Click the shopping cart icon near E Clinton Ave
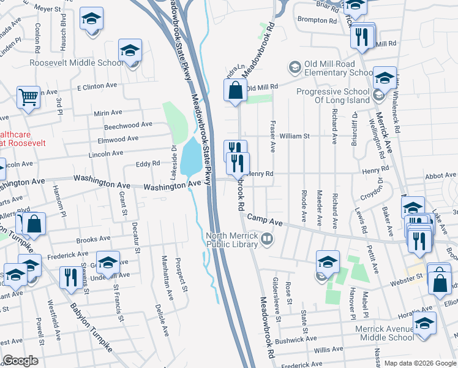coord(28,97)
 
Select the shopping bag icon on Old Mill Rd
coord(235,91)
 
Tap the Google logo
coord(20,361)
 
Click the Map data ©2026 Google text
coord(420,363)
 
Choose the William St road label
coord(295,136)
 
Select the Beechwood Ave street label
coord(128,125)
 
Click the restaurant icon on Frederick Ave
coord(69,277)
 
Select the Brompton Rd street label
coord(317,20)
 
